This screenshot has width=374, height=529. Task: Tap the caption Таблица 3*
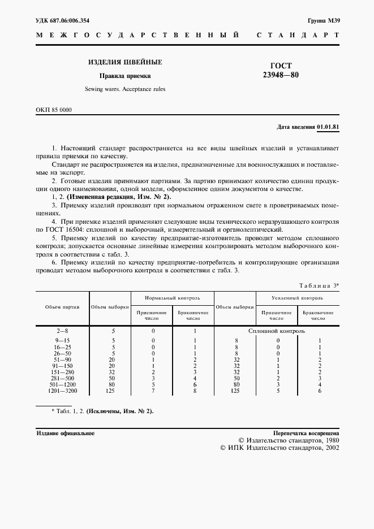(x=318, y=285)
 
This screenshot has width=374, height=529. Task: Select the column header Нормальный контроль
(x=172, y=297)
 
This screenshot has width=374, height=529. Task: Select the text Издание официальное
(x=65, y=433)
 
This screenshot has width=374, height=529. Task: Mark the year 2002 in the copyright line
(x=329, y=447)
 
